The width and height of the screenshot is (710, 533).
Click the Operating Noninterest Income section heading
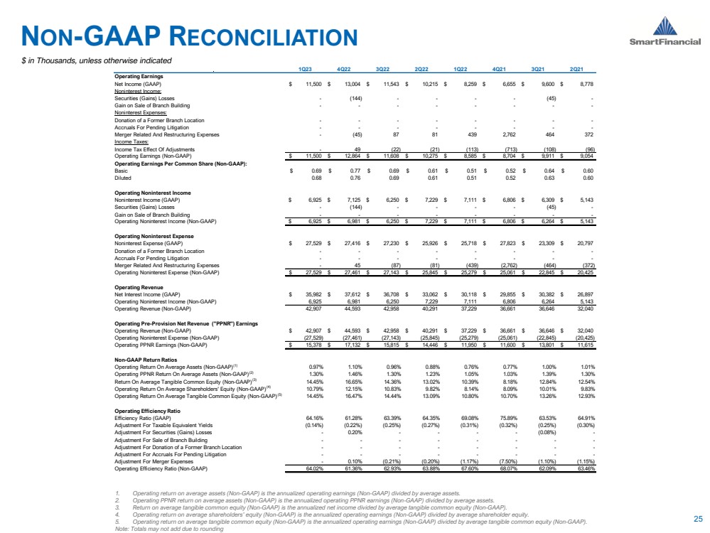155,193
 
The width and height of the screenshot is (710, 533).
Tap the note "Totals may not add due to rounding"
162,529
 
